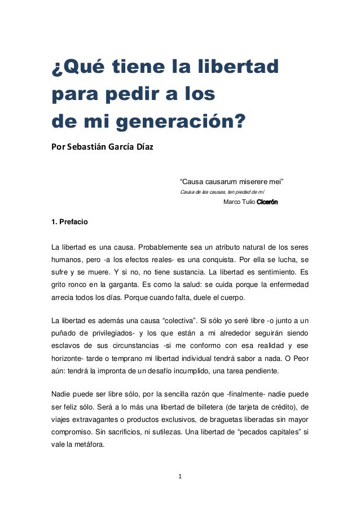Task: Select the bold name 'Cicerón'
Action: click(267, 202)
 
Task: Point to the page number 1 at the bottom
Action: click(180, 476)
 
